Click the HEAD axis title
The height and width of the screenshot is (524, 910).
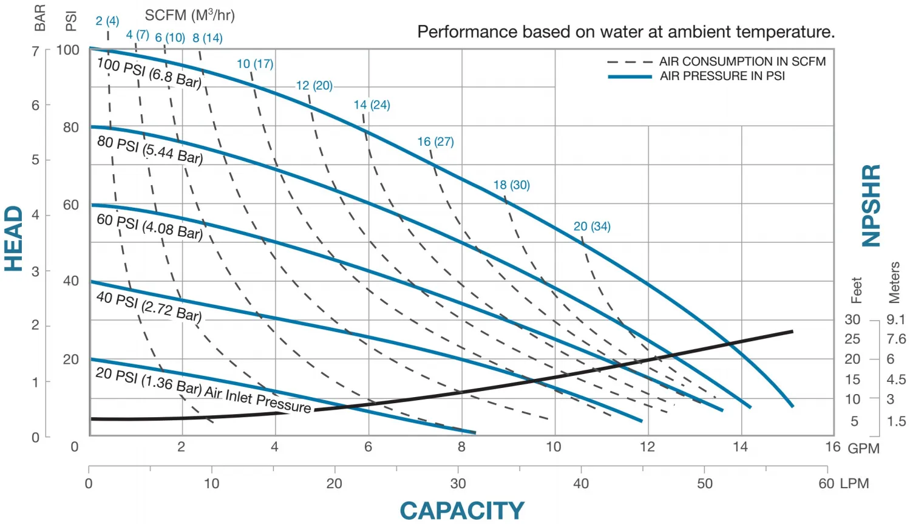[x=14, y=238]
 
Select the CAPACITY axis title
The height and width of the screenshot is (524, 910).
[x=461, y=511]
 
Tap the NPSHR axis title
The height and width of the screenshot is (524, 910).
[x=872, y=205]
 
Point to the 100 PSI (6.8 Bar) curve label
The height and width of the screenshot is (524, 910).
[x=149, y=73]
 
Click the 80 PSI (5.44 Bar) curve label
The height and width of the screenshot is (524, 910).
[x=149, y=149]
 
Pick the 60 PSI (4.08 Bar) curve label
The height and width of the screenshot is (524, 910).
[x=149, y=226]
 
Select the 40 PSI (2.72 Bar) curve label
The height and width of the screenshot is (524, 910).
[x=149, y=306]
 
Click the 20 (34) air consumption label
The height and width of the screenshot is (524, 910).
[x=592, y=226]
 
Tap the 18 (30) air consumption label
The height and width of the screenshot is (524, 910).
[x=511, y=185]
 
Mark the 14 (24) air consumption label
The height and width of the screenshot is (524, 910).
[x=372, y=105]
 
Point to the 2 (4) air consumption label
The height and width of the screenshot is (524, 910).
[x=107, y=21]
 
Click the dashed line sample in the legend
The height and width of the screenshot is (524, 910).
[x=629, y=62]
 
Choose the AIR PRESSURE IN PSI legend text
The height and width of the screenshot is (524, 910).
[x=722, y=76]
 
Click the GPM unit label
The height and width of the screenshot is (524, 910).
[x=863, y=449]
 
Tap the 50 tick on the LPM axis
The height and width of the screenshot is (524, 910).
[x=704, y=484]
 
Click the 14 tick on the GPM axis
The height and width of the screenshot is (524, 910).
[x=740, y=447]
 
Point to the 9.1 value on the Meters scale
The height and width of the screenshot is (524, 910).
[x=895, y=319]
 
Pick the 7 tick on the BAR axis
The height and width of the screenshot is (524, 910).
[x=36, y=51]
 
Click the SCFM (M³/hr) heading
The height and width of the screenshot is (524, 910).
[x=189, y=15]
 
